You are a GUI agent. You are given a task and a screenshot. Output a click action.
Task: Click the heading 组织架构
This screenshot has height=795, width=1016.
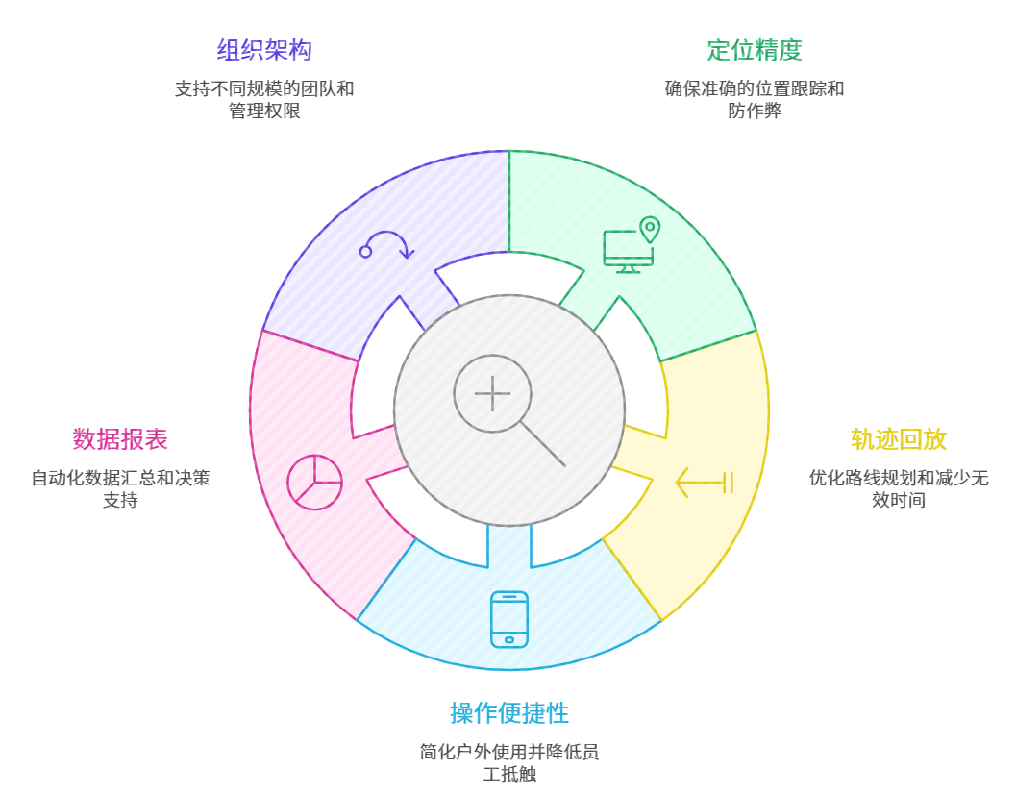tap(264, 50)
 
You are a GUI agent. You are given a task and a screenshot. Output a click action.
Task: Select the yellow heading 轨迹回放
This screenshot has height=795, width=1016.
tap(899, 439)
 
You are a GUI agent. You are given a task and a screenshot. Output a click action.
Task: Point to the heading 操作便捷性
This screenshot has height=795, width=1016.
tap(509, 713)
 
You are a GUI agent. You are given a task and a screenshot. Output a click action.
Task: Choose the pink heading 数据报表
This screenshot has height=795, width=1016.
tap(120, 439)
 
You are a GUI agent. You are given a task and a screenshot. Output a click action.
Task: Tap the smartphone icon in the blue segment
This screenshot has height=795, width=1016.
tap(509, 619)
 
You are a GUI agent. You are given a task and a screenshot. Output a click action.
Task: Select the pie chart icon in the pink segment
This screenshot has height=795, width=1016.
tap(314, 482)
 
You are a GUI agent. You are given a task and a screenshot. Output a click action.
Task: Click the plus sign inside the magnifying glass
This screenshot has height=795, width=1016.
tap(492, 393)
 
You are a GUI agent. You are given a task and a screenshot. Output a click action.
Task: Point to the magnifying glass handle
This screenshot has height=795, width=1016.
tap(543, 444)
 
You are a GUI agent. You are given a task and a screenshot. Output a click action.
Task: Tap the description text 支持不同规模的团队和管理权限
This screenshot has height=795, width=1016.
tap(264, 100)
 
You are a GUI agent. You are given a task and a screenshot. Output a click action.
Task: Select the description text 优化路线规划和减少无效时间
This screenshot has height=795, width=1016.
tap(899, 488)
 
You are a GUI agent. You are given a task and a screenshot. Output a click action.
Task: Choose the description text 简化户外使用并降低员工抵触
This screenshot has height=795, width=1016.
tap(509, 762)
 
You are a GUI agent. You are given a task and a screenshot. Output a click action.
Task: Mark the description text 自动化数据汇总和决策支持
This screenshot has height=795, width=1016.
tap(120, 488)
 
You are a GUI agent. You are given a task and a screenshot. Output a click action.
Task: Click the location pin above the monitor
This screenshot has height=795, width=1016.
tap(650, 229)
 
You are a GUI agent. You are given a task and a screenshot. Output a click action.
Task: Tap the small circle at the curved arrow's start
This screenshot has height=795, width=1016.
tap(365, 252)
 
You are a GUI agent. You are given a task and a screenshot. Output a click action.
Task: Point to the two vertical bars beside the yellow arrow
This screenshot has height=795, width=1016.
tap(728, 483)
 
